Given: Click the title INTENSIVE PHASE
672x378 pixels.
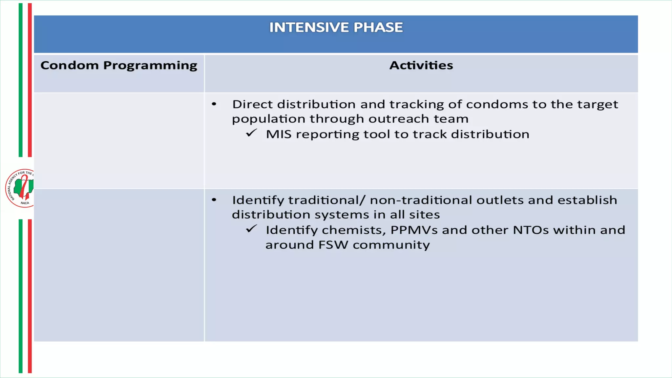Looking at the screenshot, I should [336, 27].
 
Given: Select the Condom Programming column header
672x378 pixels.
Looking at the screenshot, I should [119, 65].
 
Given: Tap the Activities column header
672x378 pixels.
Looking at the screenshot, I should [421, 65].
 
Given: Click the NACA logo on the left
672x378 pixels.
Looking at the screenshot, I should [20, 188].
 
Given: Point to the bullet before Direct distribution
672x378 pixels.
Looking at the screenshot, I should [214, 104].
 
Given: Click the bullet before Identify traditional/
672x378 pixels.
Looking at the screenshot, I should [214, 200].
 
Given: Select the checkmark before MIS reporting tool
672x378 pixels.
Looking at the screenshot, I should [251, 133].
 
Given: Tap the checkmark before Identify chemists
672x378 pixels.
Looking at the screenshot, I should [251, 229].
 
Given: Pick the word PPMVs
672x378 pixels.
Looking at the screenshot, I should [414, 230].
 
